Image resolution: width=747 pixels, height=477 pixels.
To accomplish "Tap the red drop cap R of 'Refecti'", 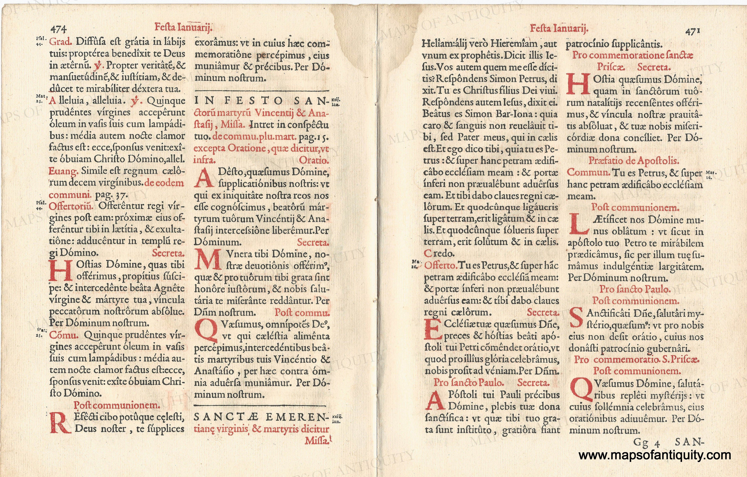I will pyautogui.click(x=60, y=422).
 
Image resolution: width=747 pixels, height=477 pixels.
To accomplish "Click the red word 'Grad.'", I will pyautogui.click(x=61, y=42).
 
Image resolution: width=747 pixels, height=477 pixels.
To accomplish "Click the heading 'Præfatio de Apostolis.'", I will pyautogui.click(x=634, y=161).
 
